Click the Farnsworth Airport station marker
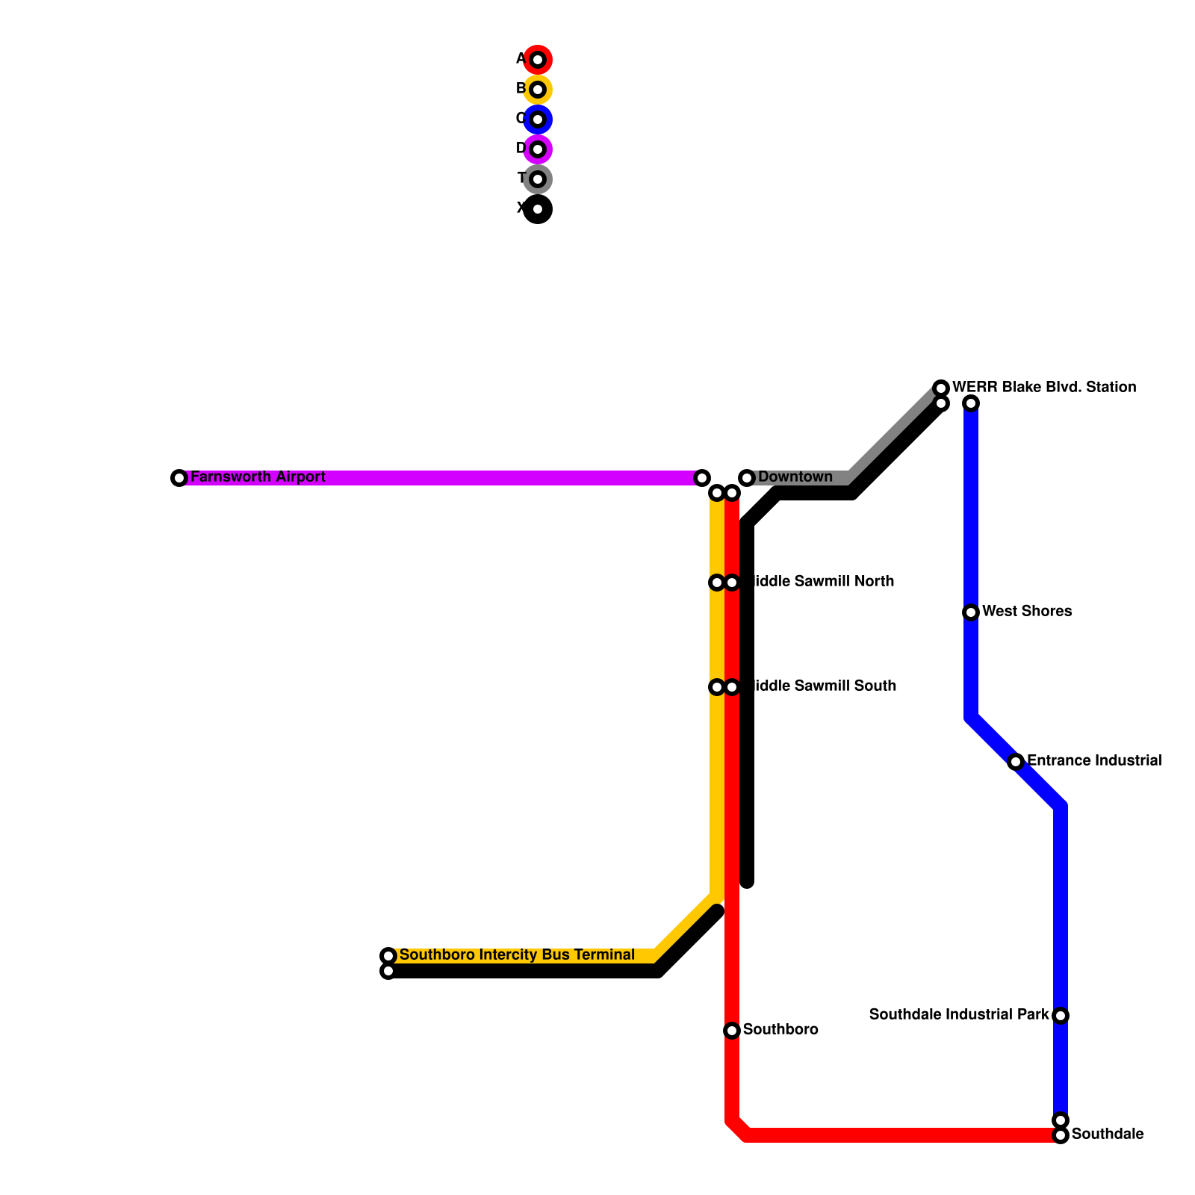pyautogui.click(x=179, y=478)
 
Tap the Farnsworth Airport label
pyautogui.click(x=258, y=477)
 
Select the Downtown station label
pyautogui.click(x=795, y=477)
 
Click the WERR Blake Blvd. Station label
pyautogui.click(x=1044, y=388)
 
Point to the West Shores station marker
pyautogui.click(x=971, y=612)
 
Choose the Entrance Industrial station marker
pyautogui.click(x=1016, y=762)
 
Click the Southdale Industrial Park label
pyautogui.click(x=959, y=1015)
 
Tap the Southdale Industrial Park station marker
pyautogui.click(x=1061, y=1016)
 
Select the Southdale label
pyautogui.click(x=1108, y=1135)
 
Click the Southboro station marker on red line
pyautogui.click(x=732, y=1031)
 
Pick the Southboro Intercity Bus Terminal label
pyautogui.click(x=517, y=955)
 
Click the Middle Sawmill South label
pyautogui.click(x=822, y=686)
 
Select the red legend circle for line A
pyautogui.click(x=538, y=60)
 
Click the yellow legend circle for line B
pyautogui.click(x=538, y=90)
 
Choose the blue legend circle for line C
pyautogui.click(x=538, y=119)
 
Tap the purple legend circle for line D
pyautogui.click(x=538, y=149)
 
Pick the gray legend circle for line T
pyautogui.click(x=538, y=179)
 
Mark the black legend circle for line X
pyautogui.click(x=538, y=209)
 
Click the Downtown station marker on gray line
pyautogui.click(x=747, y=478)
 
